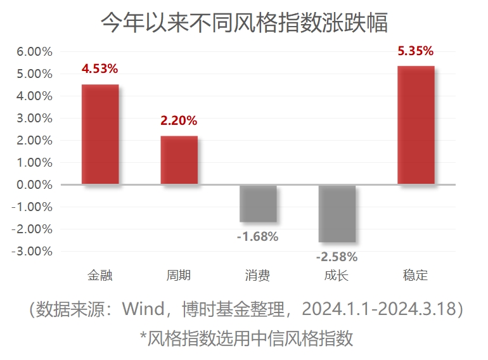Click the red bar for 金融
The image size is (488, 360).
pyautogui.click(x=100, y=134)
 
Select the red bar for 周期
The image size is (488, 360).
pyautogui.click(x=179, y=160)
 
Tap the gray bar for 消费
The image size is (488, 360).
pyautogui.click(x=258, y=203)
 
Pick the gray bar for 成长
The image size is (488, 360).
pyautogui.click(x=337, y=214)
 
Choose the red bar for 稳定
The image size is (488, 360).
pyautogui.click(x=416, y=125)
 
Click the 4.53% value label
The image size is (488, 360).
pyautogui.click(x=100, y=68)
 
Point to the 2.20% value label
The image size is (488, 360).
pyautogui.click(x=179, y=120)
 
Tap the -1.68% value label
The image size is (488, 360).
pyautogui.click(x=257, y=237)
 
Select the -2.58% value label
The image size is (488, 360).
pyautogui.click(x=337, y=257)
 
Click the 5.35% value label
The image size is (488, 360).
pyautogui.click(x=416, y=50)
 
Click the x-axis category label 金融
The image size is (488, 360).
pyautogui.click(x=100, y=276)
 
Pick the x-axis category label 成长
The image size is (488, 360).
pyautogui.click(x=337, y=276)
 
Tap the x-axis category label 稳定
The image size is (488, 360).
pyautogui.click(x=416, y=276)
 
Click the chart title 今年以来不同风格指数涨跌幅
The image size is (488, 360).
pyautogui.click(x=244, y=23)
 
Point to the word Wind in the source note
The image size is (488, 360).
pyautogui.click(x=146, y=309)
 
